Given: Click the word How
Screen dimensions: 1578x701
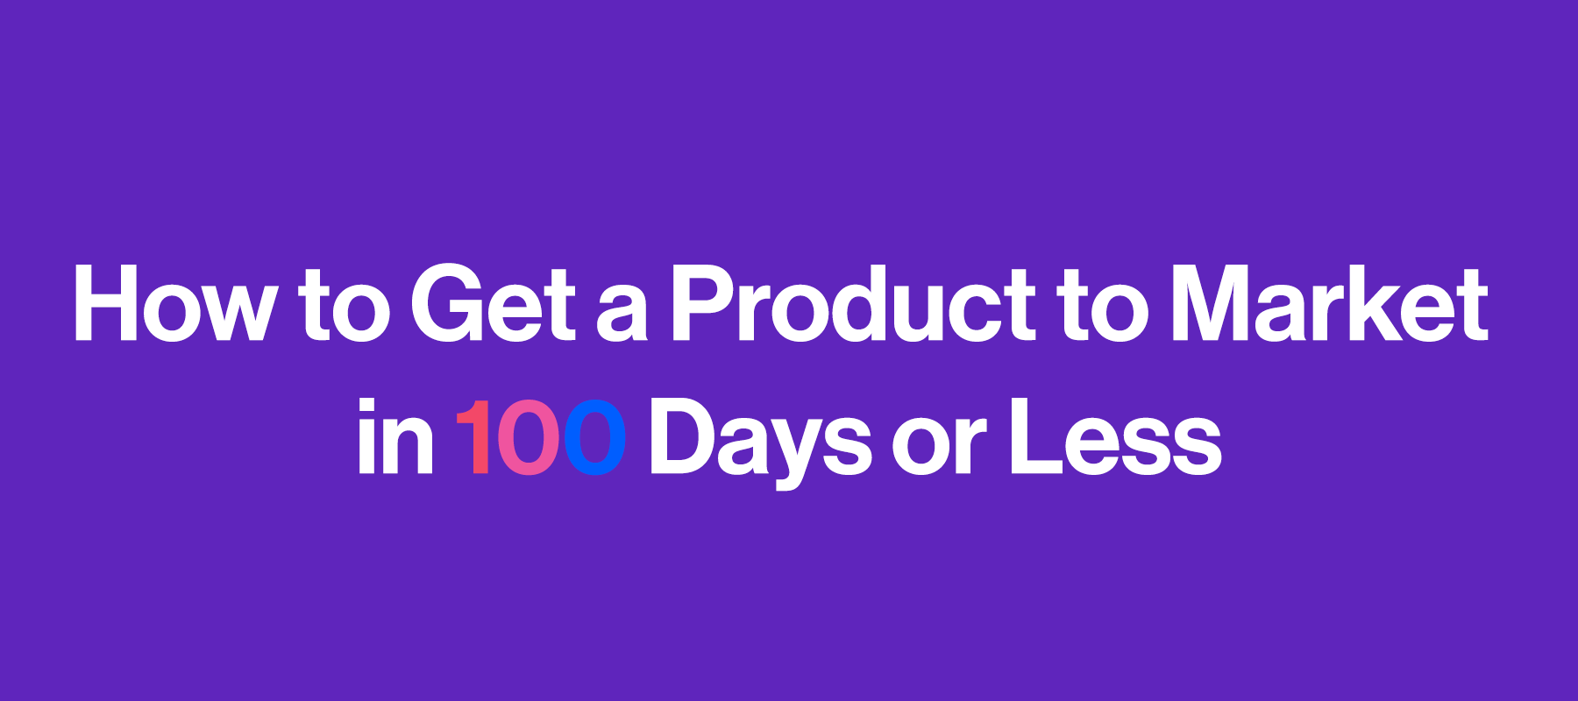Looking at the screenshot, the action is click(x=175, y=303).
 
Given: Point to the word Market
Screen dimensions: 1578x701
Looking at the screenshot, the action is click(x=1329, y=303).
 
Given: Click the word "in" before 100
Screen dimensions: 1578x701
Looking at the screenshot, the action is click(x=395, y=436).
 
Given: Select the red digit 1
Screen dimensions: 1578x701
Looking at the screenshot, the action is click(x=473, y=437).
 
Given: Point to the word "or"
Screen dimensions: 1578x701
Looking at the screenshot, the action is click(x=940, y=447).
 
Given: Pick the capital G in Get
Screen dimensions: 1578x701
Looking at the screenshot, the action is click(x=446, y=303).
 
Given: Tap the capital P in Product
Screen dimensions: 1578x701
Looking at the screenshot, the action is click(x=704, y=303).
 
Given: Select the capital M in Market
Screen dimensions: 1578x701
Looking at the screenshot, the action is click(x=1214, y=303).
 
